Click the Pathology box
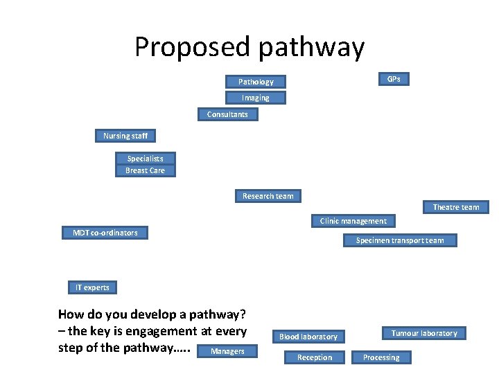click(256, 82)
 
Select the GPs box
click(393, 79)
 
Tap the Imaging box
click(255, 98)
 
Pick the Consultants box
click(227, 114)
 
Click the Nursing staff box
click(125, 136)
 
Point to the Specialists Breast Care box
click(145, 164)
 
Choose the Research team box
click(268, 196)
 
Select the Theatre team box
click(455, 207)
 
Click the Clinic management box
click(353, 221)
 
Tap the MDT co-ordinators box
click(105, 233)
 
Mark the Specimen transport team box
click(400, 240)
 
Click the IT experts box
click(92, 287)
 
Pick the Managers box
click(227, 351)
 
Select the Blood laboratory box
click(308, 337)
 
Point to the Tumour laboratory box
click(424, 333)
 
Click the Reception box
click(315, 357)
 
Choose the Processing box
click(381, 357)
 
